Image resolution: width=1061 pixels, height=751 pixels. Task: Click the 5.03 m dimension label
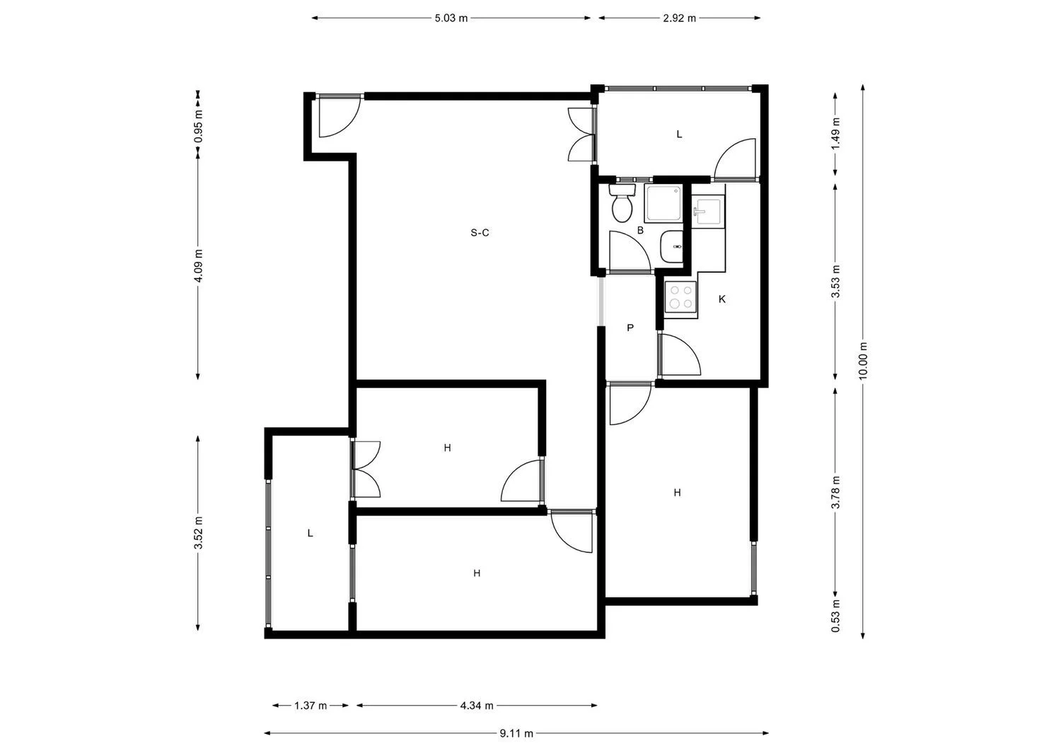tap(451, 18)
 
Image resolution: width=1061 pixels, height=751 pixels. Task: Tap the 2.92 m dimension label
tap(679, 18)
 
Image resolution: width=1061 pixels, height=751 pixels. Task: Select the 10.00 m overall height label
tap(862, 360)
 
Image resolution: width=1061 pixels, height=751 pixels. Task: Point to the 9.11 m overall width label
tap(516, 733)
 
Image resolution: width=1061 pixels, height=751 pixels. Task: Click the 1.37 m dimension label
tap(311, 706)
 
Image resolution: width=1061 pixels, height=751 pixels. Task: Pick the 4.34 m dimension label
tap(477, 706)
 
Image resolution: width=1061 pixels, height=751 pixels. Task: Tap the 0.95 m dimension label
tap(199, 126)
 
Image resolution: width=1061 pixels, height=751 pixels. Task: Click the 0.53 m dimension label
tap(835, 616)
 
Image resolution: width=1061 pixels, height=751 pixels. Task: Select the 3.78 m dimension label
tap(835, 493)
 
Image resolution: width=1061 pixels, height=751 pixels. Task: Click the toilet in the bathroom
tap(622, 203)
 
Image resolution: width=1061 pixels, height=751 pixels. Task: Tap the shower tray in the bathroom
tap(663, 203)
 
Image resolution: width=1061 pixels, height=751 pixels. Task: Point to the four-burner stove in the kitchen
tap(680, 297)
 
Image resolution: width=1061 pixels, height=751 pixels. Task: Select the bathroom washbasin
tap(672, 246)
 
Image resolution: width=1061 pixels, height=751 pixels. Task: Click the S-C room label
tap(480, 233)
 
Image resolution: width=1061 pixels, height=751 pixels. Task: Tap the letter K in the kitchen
tap(722, 299)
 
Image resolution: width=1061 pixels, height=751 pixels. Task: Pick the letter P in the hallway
tap(630, 328)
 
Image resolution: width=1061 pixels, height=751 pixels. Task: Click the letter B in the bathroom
tap(640, 231)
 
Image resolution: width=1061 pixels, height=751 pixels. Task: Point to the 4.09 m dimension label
tap(199, 265)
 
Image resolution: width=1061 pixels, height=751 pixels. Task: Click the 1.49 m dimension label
tap(835, 133)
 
